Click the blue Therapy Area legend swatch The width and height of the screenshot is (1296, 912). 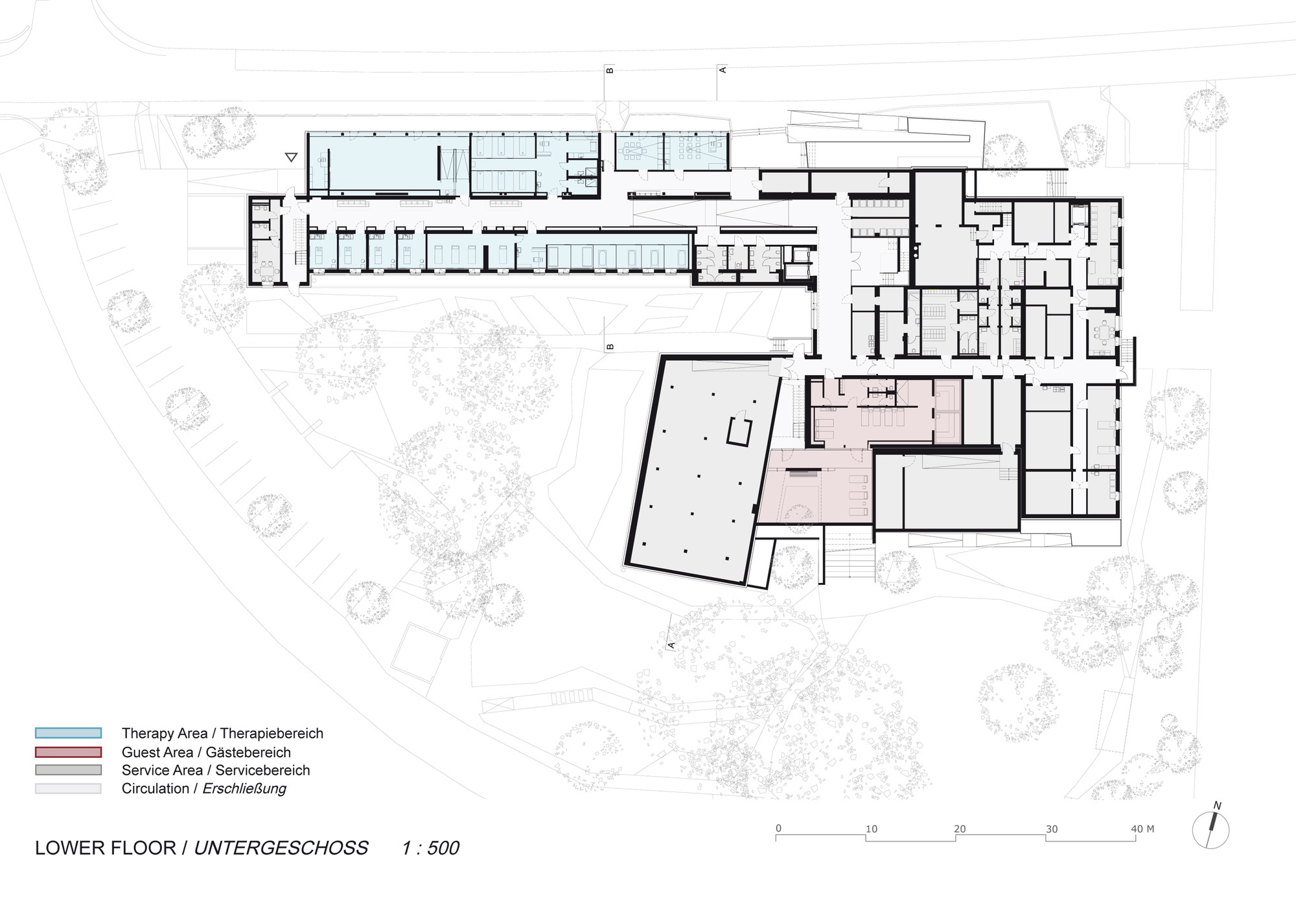[x=68, y=733]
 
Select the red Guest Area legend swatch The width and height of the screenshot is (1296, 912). [x=68, y=752]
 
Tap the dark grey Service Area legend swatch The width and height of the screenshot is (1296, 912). [x=68, y=770]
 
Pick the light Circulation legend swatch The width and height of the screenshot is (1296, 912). [x=68, y=788]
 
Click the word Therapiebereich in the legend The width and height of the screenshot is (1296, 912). [x=272, y=733]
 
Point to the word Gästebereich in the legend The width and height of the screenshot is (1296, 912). [x=248, y=752]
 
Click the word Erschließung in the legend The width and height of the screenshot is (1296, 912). [x=244, y=788]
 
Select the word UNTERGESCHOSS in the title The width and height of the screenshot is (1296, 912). [x=281, y=848]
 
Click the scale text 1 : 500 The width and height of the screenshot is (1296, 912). [x=430, y=848]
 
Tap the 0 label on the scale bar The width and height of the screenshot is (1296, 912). [x=778, y=828]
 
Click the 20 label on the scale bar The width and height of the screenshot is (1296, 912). [x=960, y=828]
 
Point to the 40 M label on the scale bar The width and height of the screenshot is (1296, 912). [x=1142, y=828]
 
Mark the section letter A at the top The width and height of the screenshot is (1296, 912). [x=723, y=69]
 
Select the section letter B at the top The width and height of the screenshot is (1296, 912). [x=610, y=69]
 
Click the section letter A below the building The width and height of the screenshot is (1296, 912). [x=671, y=645]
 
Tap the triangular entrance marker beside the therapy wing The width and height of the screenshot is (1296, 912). [x=291, y=157]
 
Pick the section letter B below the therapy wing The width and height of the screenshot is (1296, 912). [x=610, y=347]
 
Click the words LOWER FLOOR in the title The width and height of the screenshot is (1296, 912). [x=106, y=848]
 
